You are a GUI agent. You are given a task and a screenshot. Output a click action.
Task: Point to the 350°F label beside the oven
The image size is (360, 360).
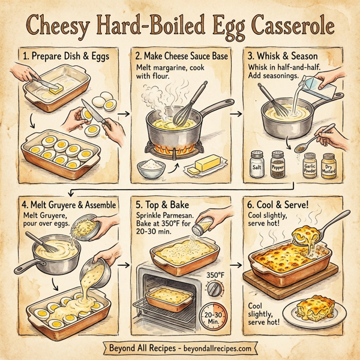(x=216, y=275)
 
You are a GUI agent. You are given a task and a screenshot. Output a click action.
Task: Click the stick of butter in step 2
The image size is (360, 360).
(x=205, y=164)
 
